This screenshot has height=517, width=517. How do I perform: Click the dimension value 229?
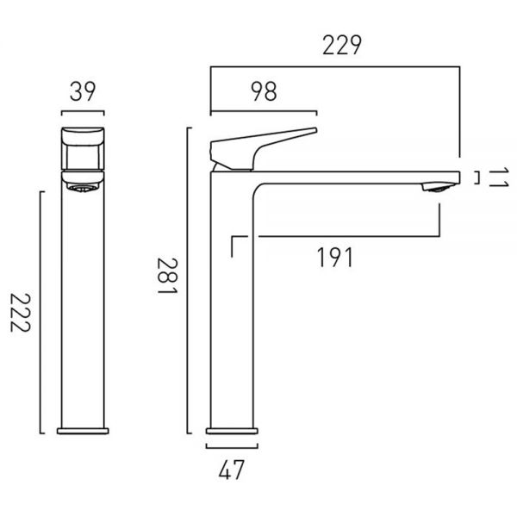[x=342, y=45]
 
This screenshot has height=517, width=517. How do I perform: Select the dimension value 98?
[x=264, y=91]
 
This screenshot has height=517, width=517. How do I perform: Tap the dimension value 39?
[x=83, y=91]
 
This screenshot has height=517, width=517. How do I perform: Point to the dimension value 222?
[x=21, y=312]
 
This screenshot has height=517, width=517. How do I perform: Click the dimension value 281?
[x=167, y=276]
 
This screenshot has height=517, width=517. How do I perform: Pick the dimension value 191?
[x=334, y=258]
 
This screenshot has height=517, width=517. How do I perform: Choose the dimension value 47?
[x=232, y=470]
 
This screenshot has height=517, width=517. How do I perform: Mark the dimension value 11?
[x=499, y=178]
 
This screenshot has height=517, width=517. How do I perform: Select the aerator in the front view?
[x=83, y=188]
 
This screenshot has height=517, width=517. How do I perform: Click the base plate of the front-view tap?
[x=83, y=431]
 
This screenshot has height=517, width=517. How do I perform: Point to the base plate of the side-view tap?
[x=232, y=431]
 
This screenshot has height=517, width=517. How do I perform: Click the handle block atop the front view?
[x=83, y=148]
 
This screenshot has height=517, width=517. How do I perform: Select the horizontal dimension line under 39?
[x=83, y=112]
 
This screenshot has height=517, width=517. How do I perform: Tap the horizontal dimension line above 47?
[x=232, y=447]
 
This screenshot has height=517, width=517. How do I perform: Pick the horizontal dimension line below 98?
[x=264, y=112]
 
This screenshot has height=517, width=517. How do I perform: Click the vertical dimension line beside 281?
[x=188, y=280]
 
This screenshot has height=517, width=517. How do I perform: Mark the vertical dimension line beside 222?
[x=40, y=312]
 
